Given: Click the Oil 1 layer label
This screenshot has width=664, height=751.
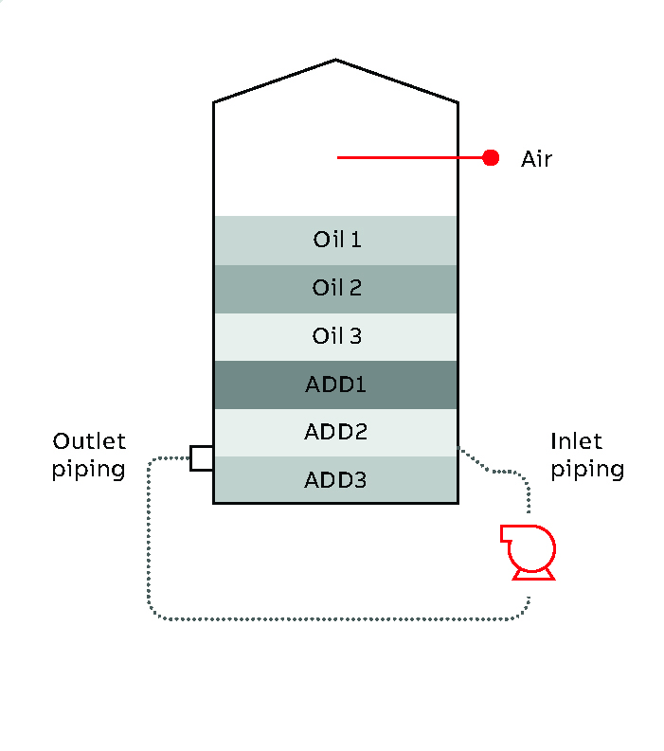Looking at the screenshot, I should (x=336, y=240).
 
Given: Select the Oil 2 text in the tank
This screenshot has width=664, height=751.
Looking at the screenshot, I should (x=336, y=288).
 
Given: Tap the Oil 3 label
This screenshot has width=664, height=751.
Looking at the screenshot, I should (x=336, y=336).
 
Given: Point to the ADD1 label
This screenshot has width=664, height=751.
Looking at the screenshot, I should (x=335, y=384).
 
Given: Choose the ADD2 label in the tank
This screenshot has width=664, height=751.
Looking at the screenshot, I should (x=335, y=432).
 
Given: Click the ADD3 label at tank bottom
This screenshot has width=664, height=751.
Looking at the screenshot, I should (x=335, y=480).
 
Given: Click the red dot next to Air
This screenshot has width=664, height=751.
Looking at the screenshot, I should (x=491, y=158).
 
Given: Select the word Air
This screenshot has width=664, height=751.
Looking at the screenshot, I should (x=536, y=158).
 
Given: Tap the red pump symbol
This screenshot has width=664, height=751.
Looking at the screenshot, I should (x=528, y=552).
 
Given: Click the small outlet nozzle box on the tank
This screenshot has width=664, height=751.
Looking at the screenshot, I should (x=201, y=458).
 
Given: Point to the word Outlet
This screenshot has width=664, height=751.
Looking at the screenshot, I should (x=89, y=441).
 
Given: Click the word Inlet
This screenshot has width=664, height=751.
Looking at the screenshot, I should (x=576, y=441).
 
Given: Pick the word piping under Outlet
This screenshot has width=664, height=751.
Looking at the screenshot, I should (x=89, y=470).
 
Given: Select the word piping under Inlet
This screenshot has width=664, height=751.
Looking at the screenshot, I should (x=587, y=470).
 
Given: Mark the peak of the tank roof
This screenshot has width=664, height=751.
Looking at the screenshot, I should (x=335, y=61).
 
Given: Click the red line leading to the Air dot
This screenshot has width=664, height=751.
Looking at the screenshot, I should (x=407, y=158).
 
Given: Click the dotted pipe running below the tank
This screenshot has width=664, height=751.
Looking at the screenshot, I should (x=332, y=619).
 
